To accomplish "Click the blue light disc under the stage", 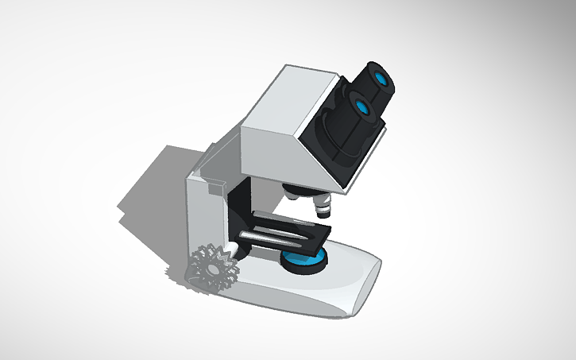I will coord(304,258).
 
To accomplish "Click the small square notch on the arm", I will coord(214,188).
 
